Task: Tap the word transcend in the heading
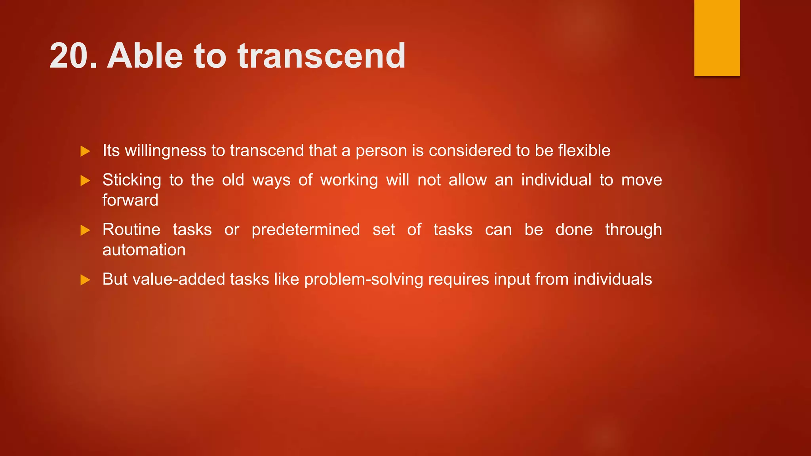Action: (x=322, y=56)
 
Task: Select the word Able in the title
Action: (x=145, y=56)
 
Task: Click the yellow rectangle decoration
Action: (x=717, y=38)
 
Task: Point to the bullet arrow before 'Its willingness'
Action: (x=85, y=151)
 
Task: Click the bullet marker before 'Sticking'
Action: (x=85, y=181)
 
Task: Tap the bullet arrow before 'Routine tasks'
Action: (x=85, y=230)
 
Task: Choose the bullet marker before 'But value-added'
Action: (x=85, y=280)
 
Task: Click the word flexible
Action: (x=584, y=151)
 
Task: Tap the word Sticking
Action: (x=131, y=180)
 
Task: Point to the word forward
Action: (x=130, y=200)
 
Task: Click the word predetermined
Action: (x=306, y=230)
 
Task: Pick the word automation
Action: (x=144, y=250)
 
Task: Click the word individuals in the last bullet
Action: (x=613, y=279)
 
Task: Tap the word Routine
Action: (x=131, y=230)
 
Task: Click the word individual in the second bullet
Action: (x=556, y=180)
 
